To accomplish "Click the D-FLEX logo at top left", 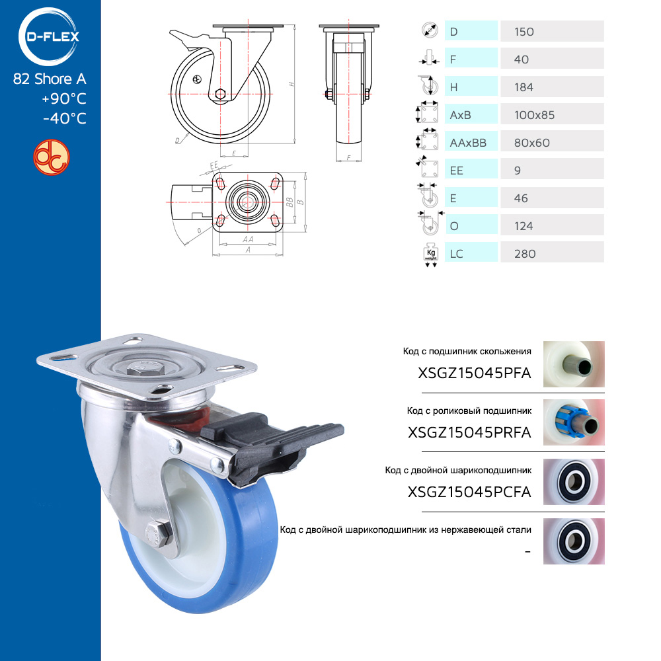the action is [48, 36].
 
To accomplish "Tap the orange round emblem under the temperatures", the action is [52, 157].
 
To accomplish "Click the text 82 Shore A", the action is [50, 79].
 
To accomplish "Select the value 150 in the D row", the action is [524, 32].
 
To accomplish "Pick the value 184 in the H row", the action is [524, 87].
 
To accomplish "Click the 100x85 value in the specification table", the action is [534, 115].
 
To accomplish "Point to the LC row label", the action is [456, 254].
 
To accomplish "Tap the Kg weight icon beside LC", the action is [430, 254].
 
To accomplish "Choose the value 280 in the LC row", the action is [525, 254].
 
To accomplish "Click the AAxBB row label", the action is [468, 143].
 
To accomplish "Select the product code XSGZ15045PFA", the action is [474, 373].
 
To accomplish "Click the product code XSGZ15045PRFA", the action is [469, 432].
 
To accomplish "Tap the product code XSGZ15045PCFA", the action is [469, 492].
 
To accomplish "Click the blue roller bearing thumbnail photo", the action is [574, 422].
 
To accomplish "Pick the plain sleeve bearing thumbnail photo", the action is [574, 364].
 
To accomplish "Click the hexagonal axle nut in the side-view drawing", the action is [220, 94].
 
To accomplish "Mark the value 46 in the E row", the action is [521, 198].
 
